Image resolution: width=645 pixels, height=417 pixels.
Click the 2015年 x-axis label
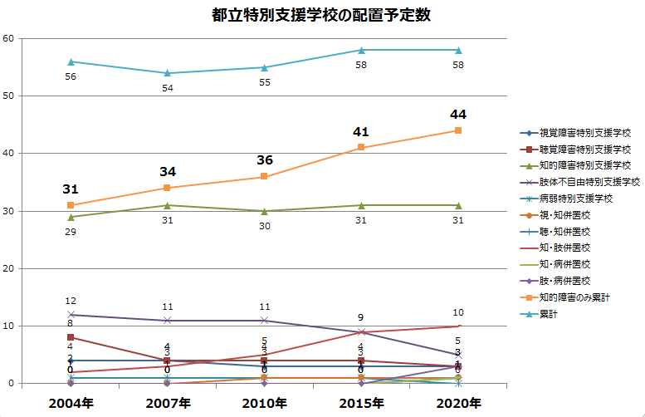[361, 403]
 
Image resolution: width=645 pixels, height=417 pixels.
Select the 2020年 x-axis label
[458, 403]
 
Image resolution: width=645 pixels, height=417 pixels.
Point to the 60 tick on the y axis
[7, 38]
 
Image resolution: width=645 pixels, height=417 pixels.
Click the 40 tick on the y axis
[7, 154]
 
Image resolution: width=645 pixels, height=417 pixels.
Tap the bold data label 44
[458, 114]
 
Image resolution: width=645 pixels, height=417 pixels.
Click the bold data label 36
[264, 159]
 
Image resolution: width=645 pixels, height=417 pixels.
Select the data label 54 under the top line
[168, 87]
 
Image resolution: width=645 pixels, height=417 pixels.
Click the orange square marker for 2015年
[361, 148]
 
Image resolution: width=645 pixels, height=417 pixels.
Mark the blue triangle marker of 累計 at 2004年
[71, 61]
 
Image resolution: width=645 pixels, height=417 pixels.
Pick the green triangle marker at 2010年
[264, 211]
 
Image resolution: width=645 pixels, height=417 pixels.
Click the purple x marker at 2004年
[71, 315]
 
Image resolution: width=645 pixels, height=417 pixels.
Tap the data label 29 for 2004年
[71, 231]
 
